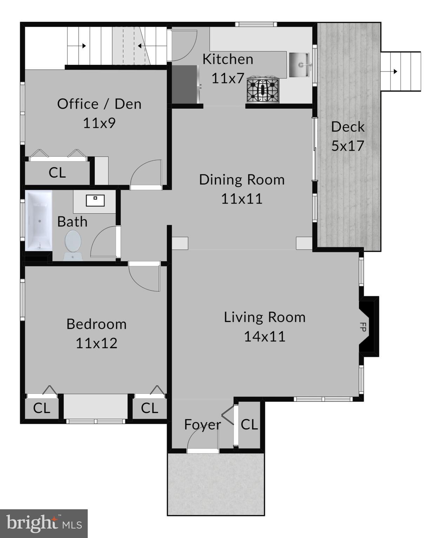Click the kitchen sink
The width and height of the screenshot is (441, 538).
click(299, 65)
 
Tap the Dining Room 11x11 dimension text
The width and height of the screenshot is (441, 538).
click(242, 199)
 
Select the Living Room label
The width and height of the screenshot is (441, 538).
click(265, 317)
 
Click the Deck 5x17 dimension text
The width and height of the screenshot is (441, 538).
click(348, 146)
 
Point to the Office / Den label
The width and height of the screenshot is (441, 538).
click(99, 104)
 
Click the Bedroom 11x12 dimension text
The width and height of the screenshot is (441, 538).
click(96, 343)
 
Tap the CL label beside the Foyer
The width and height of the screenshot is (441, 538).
click(249, 425)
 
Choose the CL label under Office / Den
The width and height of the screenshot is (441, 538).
click(57, 172)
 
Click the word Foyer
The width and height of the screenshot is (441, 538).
click(202, 425)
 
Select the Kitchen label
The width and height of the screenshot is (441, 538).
click(228, 59)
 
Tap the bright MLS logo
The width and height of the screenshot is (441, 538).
click(44, 524)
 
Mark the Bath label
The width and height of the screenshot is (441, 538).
click(72, 222)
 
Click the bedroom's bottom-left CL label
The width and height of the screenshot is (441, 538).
click(41, 408)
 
